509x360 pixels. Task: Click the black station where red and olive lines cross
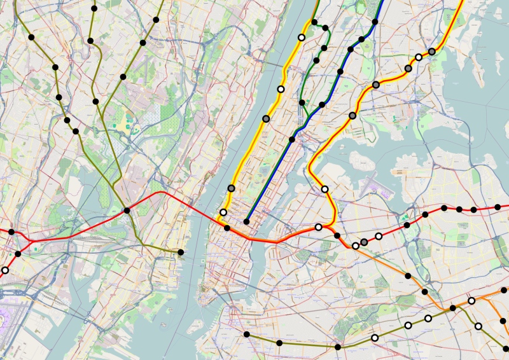point(127,211)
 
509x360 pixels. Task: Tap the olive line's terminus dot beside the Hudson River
point(181,253)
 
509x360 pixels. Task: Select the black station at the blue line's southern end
point(246,221)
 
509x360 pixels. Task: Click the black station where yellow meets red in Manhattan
point(227,227)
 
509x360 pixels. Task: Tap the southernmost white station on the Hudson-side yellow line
point(223,212)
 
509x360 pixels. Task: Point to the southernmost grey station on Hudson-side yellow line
point(231,188)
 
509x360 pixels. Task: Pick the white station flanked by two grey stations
point(419,57)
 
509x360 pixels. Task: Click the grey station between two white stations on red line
point(364,242)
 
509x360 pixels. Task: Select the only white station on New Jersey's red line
point(5,270)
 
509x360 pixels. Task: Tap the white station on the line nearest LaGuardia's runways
point(324,189)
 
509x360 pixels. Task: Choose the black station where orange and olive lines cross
point(452,308)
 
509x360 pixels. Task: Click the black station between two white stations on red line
point(337,235)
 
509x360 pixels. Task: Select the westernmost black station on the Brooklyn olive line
point(246,335)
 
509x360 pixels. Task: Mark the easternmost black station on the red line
point(498,207)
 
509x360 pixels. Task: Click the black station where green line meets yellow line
point(314,23)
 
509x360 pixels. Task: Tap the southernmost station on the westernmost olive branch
point(76,132)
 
